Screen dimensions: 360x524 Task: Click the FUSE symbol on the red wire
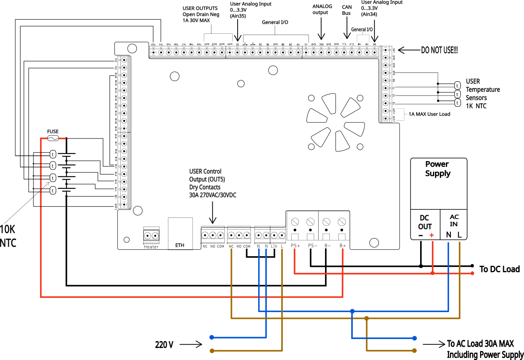53,138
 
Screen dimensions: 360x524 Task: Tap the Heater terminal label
151,246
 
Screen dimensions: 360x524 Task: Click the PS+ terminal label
295,245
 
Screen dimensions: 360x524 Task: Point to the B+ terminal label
342,245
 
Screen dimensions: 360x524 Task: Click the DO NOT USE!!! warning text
439,50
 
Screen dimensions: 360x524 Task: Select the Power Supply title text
437,169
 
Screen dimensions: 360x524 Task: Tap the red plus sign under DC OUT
432,235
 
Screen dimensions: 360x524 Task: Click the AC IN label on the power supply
454,220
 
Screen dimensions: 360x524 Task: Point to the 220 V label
164,345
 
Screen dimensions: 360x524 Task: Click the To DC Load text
499,269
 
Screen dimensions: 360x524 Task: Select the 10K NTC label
8,236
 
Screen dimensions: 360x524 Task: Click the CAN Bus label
346,10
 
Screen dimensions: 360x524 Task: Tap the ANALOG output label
322,9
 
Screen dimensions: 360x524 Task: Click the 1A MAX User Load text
429,114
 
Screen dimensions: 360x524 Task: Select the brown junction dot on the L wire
366,319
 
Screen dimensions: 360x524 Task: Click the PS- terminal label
312,245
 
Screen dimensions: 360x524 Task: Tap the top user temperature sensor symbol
457,85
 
